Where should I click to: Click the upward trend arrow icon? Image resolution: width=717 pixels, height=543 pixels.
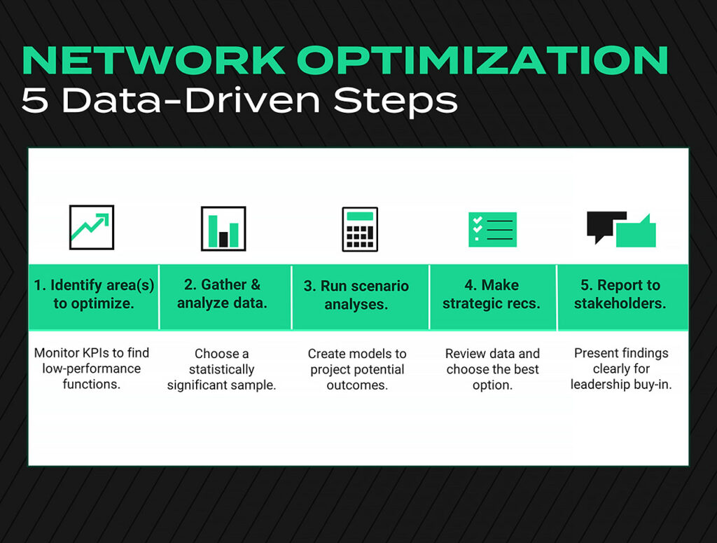pyautogui.click(x=92, y=228)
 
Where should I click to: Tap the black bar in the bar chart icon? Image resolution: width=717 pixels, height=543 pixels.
pyautogui.click(x=223, y=239)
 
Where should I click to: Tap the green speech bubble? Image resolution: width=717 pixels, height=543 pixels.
pyautogui.click(x=637, y=233)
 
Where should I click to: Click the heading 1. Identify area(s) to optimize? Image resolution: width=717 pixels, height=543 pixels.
pyautogui.click(x=94, y=295)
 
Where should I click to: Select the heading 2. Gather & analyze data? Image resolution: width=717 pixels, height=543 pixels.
pyautogui.click(x=222, y=294)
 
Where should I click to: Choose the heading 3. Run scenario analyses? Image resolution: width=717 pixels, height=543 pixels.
pyautogui.click(x=356, y=295)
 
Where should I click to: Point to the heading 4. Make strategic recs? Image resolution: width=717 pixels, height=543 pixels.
pyautogui.click(x=492, y=295)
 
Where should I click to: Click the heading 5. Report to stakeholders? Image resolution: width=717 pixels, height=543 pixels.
pyautogui.click(x=620, y=295)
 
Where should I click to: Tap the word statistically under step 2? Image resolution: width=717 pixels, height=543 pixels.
pyautogui.click(x=221, y=369)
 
